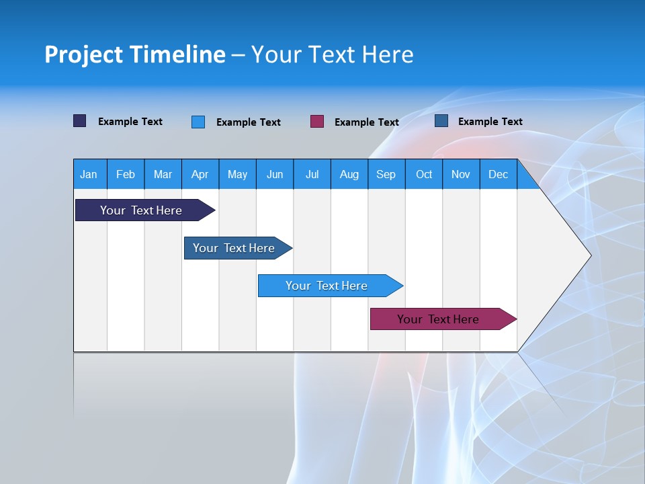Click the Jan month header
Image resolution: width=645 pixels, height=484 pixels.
click(x=89, y=174)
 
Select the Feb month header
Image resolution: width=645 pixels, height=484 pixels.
click(x=126, y=174)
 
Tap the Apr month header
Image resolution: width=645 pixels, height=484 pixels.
click(x=200, y=174)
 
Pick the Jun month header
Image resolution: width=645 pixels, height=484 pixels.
click(x=275, y=174)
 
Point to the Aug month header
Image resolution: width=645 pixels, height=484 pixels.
click(x=349, y=174)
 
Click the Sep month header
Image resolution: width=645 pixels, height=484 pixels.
click(x=386, y=174)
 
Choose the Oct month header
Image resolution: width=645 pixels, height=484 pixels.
click(x=424, y=174)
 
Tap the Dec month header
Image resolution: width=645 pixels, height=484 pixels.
click(x=498, y=174)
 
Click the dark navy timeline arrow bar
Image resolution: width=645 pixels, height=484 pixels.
click(x=141, y=210)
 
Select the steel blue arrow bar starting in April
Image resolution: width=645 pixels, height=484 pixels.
click(x=234, y=248)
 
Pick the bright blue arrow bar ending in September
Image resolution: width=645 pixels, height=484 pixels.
click(x=327, y=286)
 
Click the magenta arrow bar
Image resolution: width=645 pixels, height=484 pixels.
click(x=438, y=319)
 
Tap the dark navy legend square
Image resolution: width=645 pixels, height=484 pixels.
click(x=80, y=121)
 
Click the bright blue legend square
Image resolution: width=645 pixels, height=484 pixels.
click(x=198, y=122)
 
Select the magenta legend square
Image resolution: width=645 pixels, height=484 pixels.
click(x=317, y=122)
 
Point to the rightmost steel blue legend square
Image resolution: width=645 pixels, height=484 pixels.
click(x=441, y=121)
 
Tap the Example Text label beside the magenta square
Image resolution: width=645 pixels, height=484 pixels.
click(x=366, y=122)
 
